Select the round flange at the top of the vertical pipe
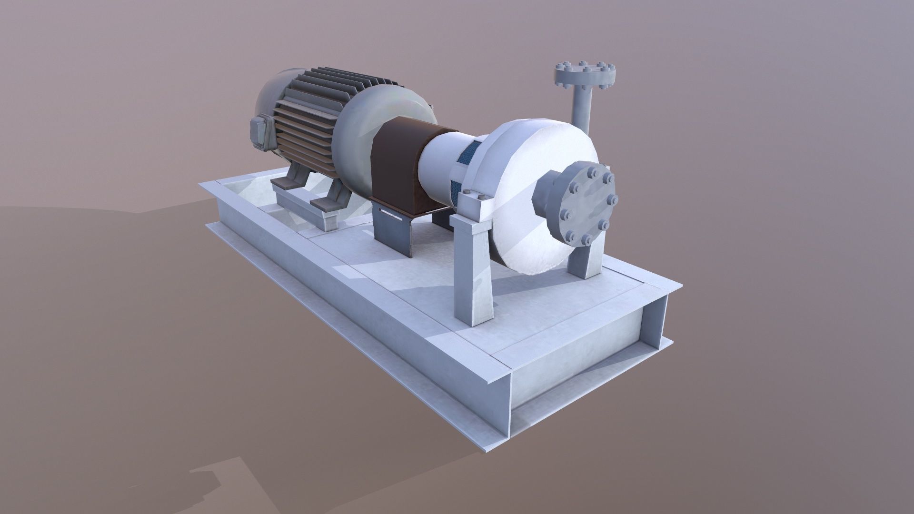585,75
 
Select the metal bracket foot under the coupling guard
390,233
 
